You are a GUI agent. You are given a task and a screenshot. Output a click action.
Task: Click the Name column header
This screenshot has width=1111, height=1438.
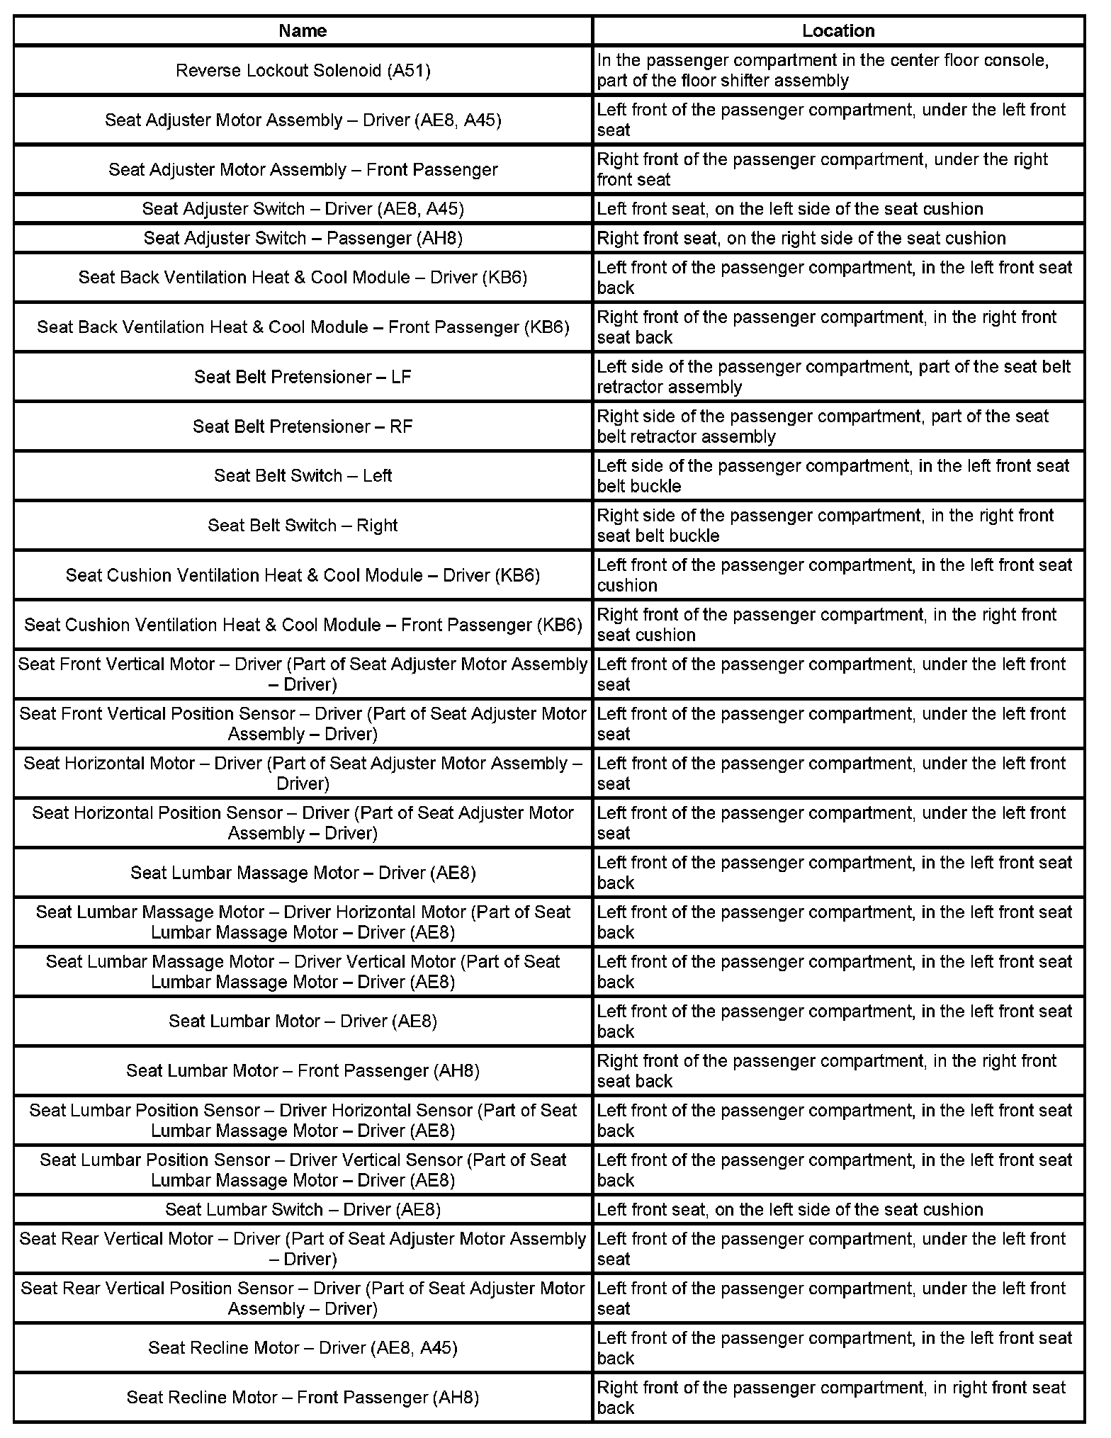click(303, 30)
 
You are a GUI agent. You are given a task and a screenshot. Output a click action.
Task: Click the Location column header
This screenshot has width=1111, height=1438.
click(838, 30)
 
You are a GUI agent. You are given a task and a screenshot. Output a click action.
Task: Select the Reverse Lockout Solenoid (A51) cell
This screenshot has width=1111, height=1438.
click(303, 70)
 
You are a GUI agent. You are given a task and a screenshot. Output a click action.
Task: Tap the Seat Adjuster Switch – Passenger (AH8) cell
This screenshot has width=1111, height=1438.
click(303, 238)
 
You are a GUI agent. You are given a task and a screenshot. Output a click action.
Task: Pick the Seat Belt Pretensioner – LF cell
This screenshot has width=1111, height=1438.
click(303, 377)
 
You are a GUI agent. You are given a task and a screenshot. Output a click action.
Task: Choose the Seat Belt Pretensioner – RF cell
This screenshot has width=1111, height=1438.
click(303, 426)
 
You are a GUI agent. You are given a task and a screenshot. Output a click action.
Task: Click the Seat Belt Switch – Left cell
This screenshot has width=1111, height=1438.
click(303, 475)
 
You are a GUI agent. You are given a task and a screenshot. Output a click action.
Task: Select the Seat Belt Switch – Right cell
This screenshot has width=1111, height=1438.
click(303, 525)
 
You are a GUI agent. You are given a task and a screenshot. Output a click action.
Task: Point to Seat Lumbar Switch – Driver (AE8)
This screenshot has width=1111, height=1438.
click(303, 1209)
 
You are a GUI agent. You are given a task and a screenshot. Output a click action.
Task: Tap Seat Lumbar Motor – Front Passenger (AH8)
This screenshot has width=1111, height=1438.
click(303, 1070)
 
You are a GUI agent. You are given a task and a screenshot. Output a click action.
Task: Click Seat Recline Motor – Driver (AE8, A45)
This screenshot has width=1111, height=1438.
click(303, 1347)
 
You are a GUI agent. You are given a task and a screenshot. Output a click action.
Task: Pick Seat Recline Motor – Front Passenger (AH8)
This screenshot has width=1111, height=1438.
click(303, 1397)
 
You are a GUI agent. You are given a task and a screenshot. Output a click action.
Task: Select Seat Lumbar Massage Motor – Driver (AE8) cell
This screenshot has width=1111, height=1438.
click(303, 873)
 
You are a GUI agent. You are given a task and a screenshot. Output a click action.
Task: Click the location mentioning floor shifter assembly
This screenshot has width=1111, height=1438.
click(838, 70)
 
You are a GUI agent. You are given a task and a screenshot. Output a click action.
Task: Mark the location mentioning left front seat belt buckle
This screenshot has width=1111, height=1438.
click(838, 475)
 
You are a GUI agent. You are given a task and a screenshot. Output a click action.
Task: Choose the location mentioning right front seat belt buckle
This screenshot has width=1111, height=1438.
click(838, 525)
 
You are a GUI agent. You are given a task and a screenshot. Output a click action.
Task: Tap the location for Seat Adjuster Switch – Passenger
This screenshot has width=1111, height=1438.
click(838, 238)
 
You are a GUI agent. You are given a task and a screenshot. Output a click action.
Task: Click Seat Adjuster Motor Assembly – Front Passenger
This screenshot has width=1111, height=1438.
click(303, 169)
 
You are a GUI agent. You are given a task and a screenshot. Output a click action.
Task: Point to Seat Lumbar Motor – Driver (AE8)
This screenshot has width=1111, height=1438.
click(303, 1021)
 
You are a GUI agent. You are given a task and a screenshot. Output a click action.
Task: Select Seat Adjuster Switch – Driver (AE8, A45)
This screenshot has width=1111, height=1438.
click(303, 209)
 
